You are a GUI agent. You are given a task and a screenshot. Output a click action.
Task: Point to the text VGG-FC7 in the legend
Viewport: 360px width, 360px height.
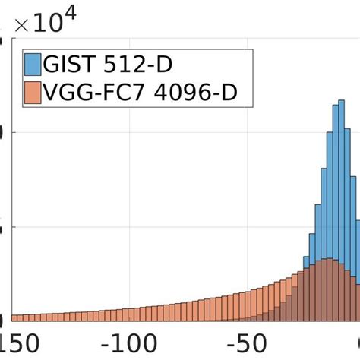click(x=95, y=94)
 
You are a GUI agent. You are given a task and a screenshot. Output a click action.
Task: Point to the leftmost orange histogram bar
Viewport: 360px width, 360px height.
click(x=15, y=317)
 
